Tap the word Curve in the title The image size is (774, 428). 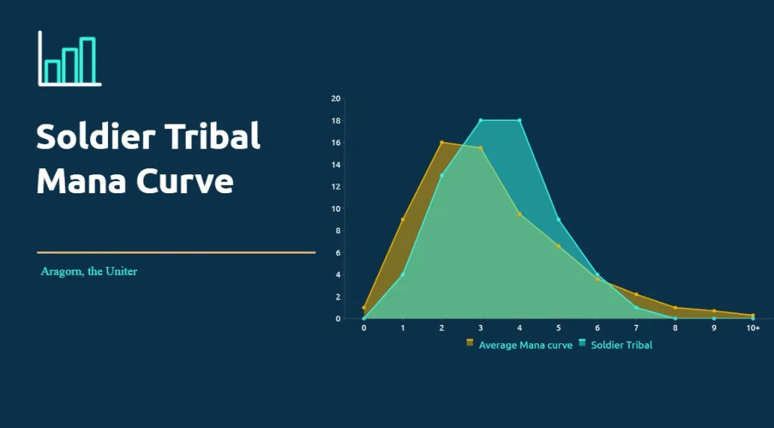tap(184, 181)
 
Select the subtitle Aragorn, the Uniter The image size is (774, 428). tap(89, 272)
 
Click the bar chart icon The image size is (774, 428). tap(70, 58)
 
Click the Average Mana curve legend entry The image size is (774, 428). tap(519, 345)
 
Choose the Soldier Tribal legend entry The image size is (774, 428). tap(615, 345)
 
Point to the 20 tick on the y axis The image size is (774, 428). tap(336, 99)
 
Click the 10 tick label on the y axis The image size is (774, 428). tap(336, 208)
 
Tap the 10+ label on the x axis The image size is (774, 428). tap(753, 328)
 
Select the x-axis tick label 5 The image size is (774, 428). tap(559, 328)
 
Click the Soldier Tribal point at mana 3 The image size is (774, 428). tap(481, 120)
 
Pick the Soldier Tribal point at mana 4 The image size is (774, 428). tap(519, 120)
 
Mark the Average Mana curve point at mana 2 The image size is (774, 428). tap(441, 143)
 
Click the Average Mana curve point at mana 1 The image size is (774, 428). tap(403, 220)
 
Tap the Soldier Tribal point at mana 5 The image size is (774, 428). tap(559, 220)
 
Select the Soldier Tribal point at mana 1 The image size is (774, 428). tap(403, 275)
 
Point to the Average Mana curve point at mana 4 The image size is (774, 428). tap(519, 214)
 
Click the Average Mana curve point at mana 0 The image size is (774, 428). tap(364, 308)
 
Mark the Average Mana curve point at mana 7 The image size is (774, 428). tap(636, 294)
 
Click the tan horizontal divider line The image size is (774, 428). tap(176, 252)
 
